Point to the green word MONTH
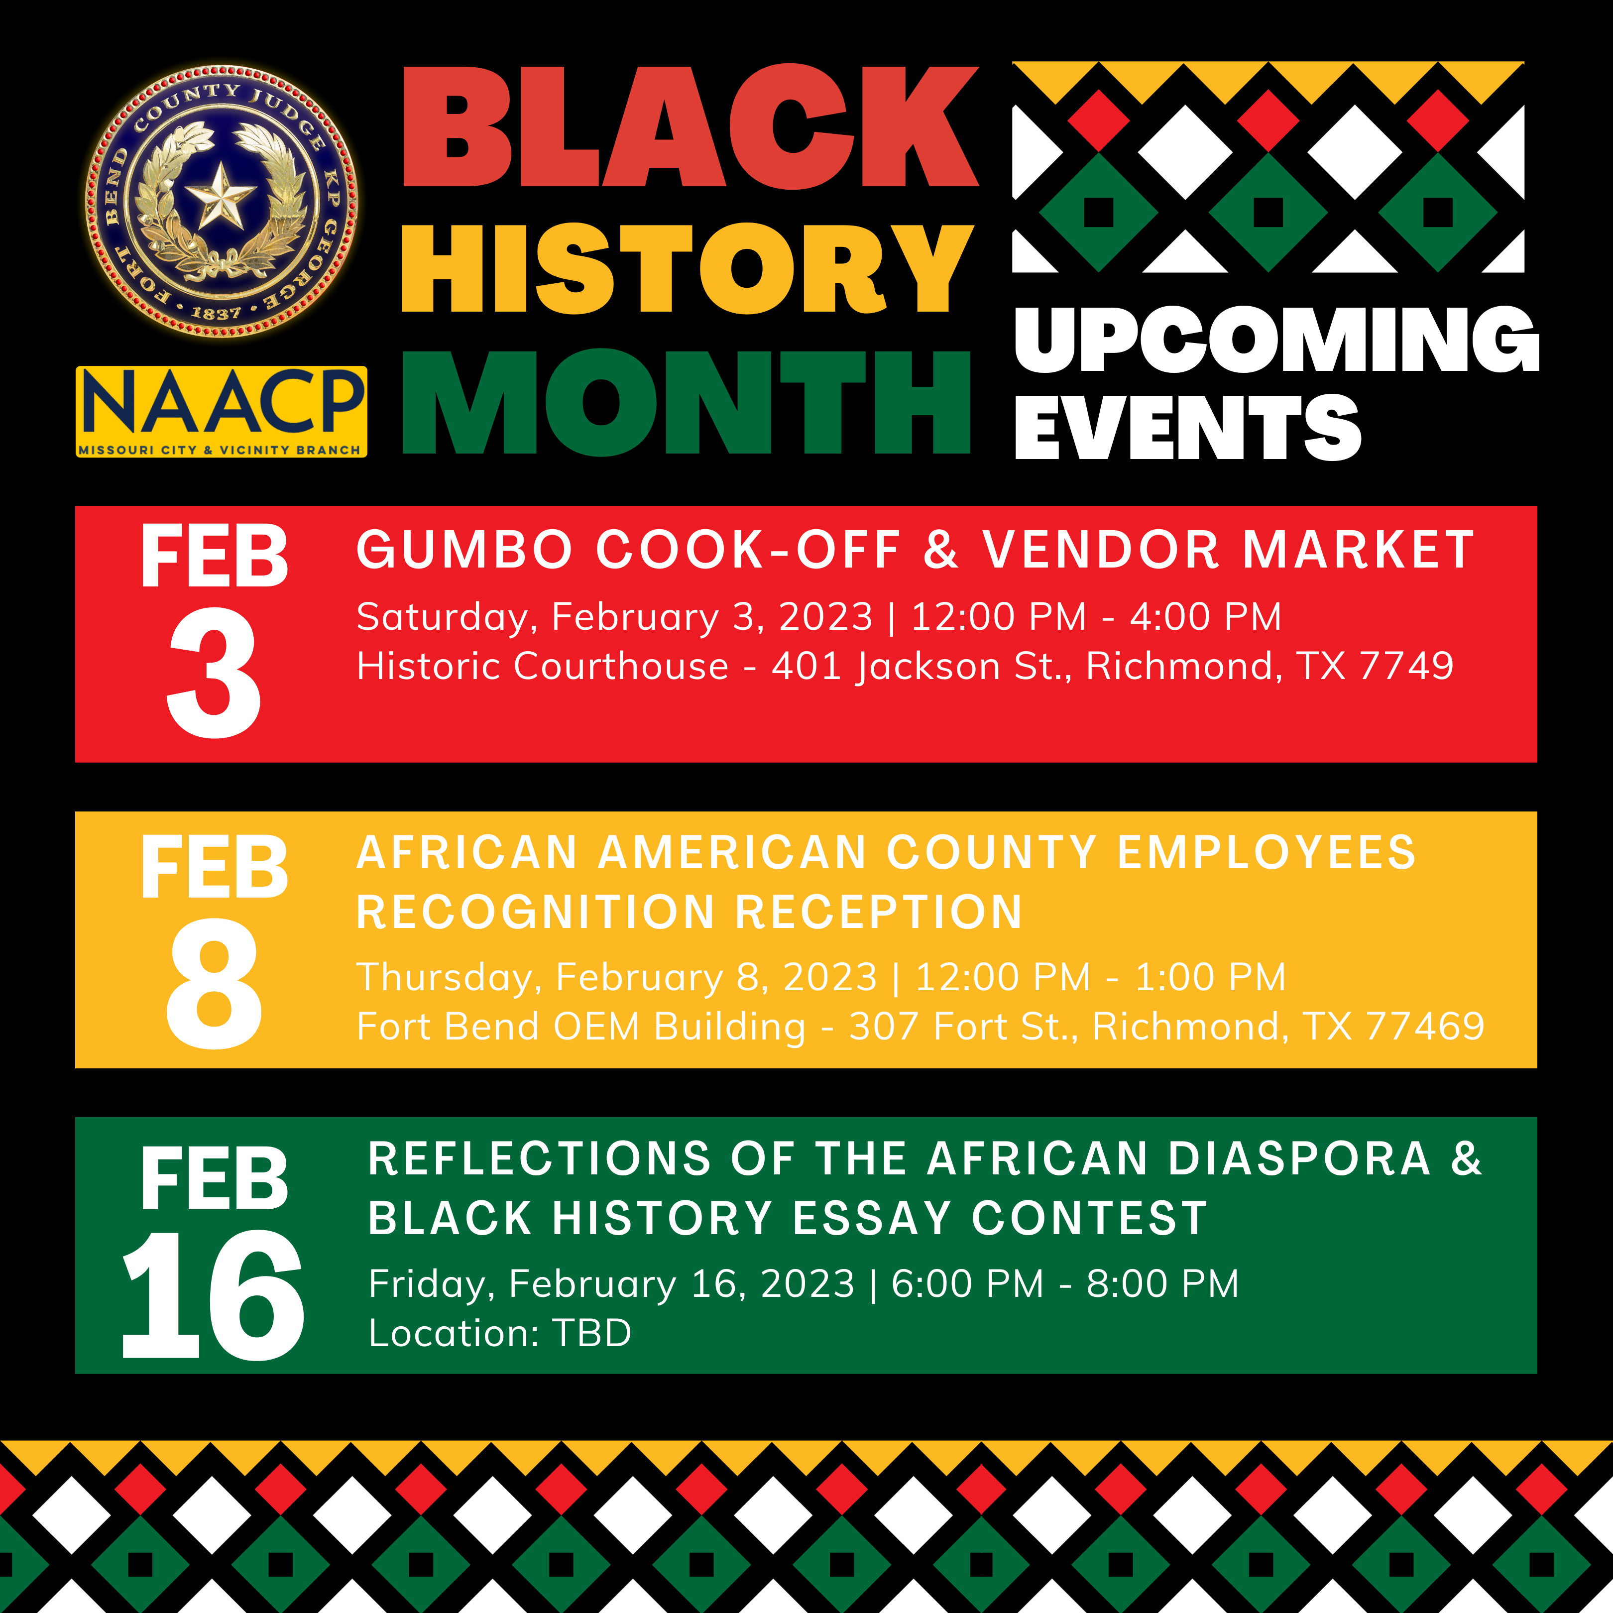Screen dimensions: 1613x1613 (x=687, y=402)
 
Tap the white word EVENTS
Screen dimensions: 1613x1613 (x=1188, y=428)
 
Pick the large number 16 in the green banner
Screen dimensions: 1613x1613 (x=214, y=1295)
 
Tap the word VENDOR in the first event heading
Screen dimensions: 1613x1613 (x=1100, y=550)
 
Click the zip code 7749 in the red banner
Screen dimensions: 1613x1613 (x=1407, y=666)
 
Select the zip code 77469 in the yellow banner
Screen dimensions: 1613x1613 (x=1425, y=1026)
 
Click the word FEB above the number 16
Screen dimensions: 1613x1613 (x=214, y=1178)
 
